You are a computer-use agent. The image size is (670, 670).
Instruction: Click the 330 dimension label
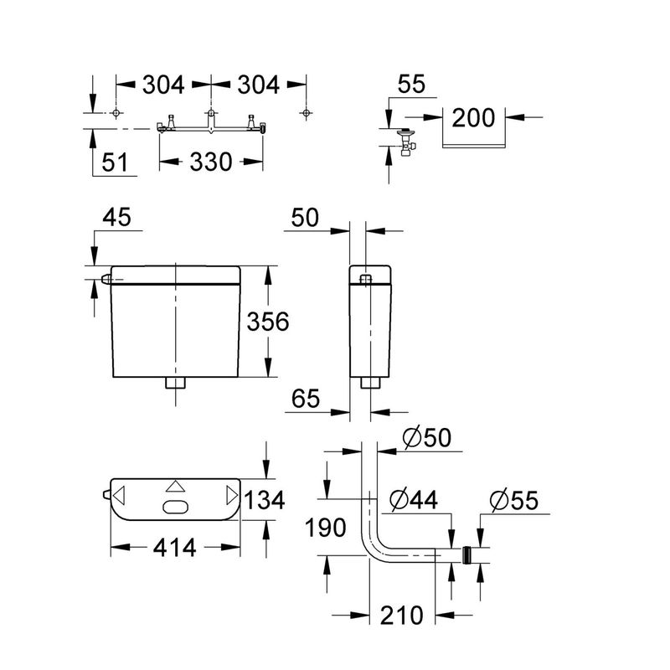(211, 162)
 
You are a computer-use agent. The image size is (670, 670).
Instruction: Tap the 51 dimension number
(115, 162)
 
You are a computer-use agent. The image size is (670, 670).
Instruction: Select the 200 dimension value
(473, 117)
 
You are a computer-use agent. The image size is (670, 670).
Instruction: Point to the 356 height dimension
(268, 322)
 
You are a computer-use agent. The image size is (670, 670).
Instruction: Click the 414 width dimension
(175, 548)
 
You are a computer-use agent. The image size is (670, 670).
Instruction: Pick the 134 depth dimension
(265, 500)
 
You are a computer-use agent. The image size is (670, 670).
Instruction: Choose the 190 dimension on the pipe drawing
(325, 528)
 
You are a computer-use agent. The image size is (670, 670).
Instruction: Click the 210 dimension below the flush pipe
(402, 616)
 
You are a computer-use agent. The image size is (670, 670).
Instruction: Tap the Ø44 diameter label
(414, 499)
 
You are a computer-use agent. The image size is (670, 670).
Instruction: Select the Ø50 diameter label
(426, 437)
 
